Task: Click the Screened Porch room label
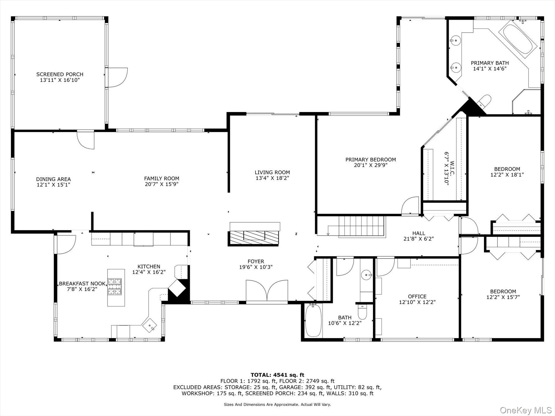click(x=60, y=74)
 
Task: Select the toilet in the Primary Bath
click(x=483, y=100)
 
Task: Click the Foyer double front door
click(x=267, y=290)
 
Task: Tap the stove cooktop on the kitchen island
click(x=115, y=286)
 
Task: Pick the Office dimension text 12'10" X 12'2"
click(x=417, y=302)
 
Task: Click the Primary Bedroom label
click(x=371, y=160)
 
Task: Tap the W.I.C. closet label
click(x=452, y=168)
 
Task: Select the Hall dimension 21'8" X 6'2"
click(x=419, y=239)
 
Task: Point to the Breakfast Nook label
click(x=82, y=283)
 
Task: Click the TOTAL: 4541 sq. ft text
click(x=277, y=375)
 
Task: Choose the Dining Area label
click(x=53, y=179)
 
